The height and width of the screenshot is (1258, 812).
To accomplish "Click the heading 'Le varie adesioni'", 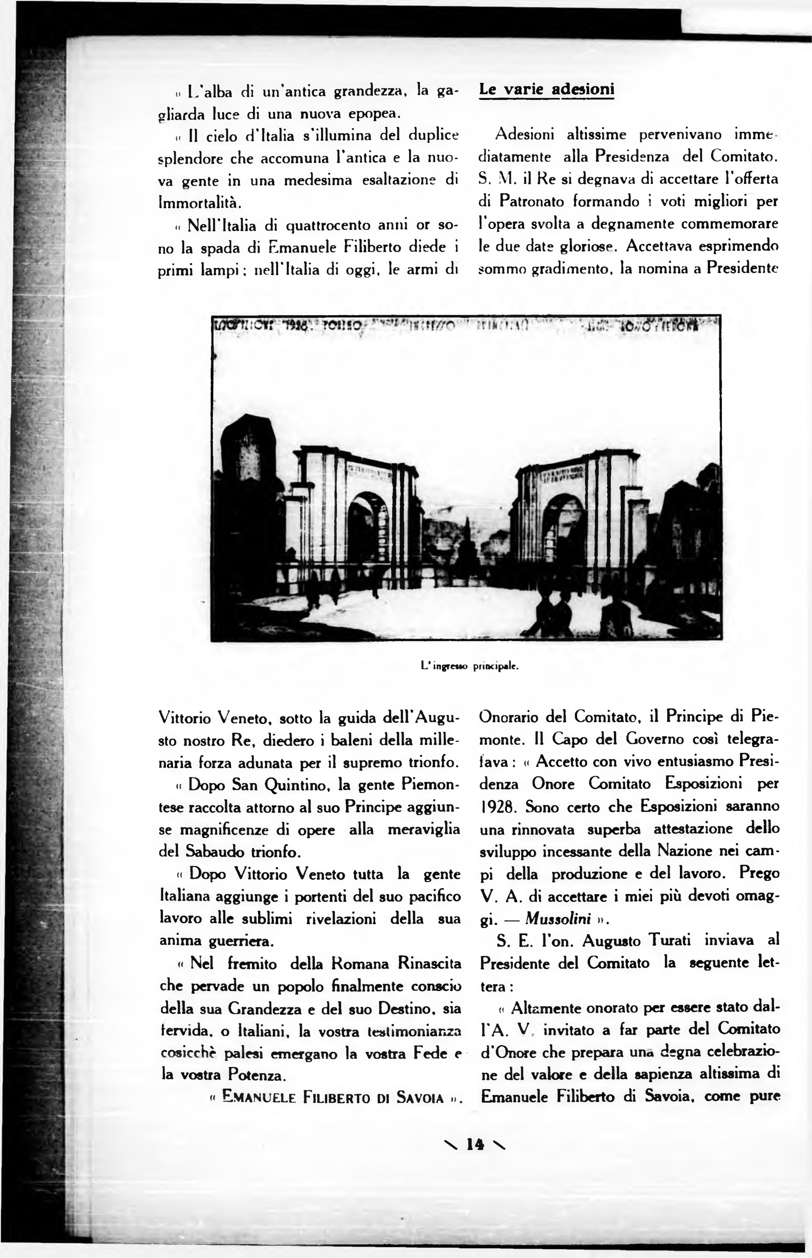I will point(546,90).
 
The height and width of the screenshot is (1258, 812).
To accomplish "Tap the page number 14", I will point(474,1144).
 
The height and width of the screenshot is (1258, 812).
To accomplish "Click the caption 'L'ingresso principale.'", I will point(469,666).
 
